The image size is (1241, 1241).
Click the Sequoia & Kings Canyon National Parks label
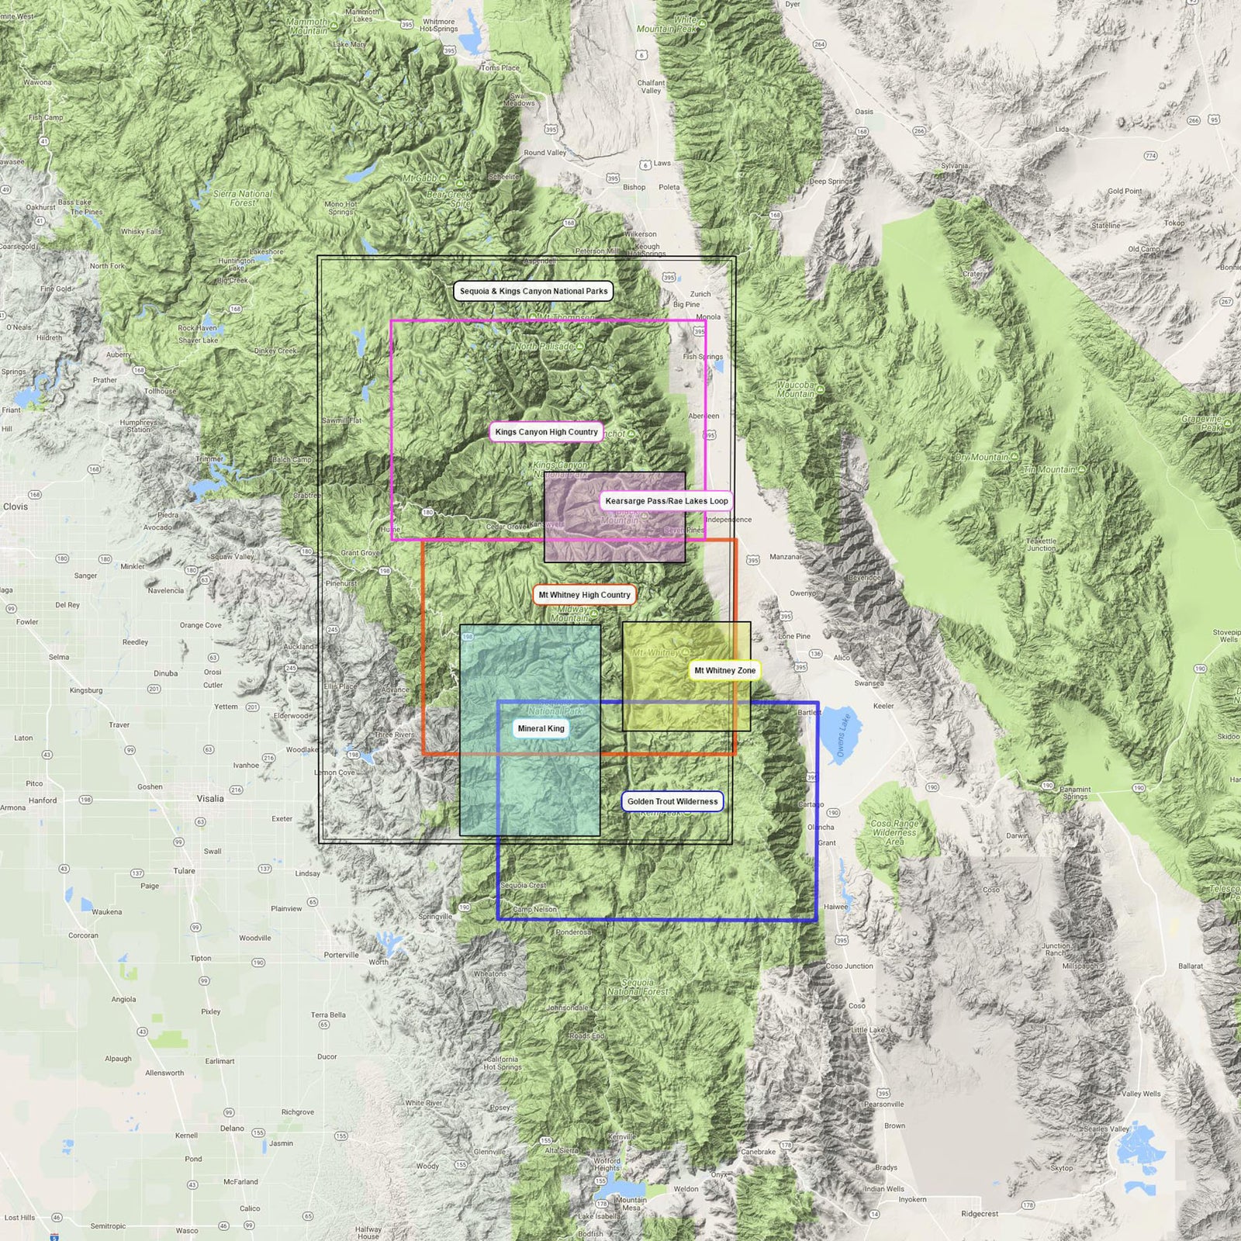coord(534,291)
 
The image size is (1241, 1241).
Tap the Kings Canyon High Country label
coord(546,432)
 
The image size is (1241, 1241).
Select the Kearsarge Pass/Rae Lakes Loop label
coord(666,501)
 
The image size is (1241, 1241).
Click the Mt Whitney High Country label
coord(584,595)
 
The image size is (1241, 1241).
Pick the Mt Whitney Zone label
coord(724,670)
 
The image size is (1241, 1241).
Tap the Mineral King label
coord(541,728)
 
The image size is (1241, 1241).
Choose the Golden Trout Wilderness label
coord(672,801)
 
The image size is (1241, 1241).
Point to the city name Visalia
coord(210,798)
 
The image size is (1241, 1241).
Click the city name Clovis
coord(16,506)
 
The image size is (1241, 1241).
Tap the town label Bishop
coord(634,187)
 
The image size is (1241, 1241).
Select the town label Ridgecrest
coord(980,1214)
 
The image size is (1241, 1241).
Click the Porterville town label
coord(341,955)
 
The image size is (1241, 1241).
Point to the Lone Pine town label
coord(794,636)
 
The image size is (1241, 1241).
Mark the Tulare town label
coord(184,870)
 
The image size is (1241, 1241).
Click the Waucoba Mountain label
coord(796,389)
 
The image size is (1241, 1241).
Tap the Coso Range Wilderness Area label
coord(894,832)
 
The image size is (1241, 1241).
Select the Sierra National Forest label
coord(243,199)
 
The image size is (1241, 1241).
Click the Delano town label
coord(232,1129)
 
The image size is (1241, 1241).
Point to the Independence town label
coord(728,520)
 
